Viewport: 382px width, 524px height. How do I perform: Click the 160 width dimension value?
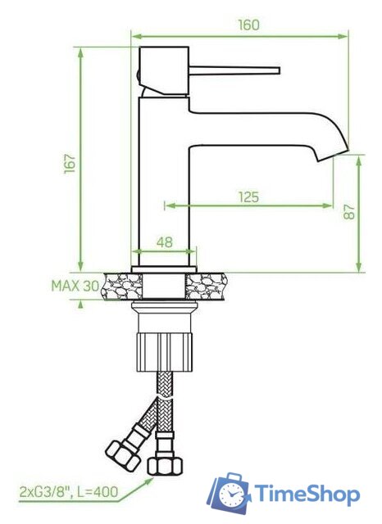click(248, 25)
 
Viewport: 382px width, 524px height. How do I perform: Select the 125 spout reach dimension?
click(248, 196)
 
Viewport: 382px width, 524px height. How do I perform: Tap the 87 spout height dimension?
click(350, 212)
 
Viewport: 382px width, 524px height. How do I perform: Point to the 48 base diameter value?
click(164, 242)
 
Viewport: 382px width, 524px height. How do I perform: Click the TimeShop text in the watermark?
click(307, 495)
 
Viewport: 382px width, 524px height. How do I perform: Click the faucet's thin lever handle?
click(238, 69)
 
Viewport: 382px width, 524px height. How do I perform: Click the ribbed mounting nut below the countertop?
click(165, 348)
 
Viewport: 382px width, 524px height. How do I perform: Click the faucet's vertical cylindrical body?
click(164, 180)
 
